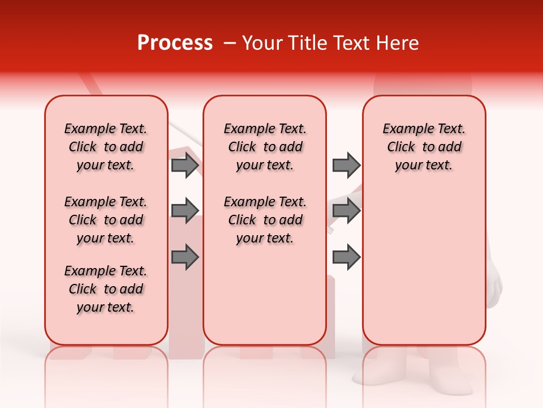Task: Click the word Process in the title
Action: coord(175,43)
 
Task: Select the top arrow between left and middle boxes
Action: coord(185,165)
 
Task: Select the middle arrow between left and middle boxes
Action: coord(185,211)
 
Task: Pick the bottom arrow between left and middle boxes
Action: coord(185,257)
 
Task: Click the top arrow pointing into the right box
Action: coord(346,165)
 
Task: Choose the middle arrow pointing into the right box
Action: coord(346,211)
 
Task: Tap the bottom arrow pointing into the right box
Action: coord(346,257)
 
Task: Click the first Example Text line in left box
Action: coord(106,129)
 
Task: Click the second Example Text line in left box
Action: coord(106,202)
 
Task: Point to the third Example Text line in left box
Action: coord(106,271)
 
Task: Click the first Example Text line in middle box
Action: coord(265,129)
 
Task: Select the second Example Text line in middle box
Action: coord(265,202)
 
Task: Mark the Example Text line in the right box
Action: coord(424,129)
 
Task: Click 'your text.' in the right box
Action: coord(424,165)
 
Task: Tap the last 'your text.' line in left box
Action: coord(106,307)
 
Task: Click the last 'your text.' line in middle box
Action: coord(265,239)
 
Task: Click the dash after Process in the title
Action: coord(229,43)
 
